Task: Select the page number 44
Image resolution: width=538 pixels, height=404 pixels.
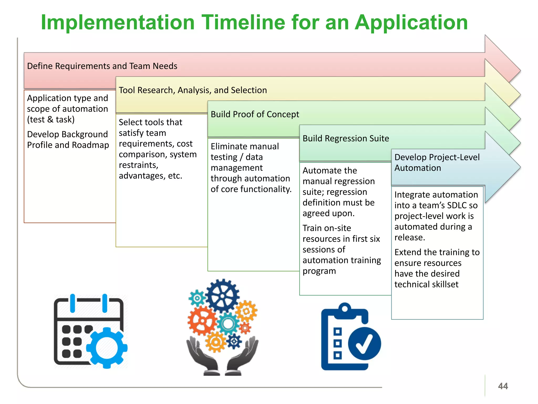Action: (503, 386)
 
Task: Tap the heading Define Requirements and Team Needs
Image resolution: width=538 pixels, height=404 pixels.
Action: (102, 66)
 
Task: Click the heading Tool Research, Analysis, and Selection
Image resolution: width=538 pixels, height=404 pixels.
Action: (193, 90)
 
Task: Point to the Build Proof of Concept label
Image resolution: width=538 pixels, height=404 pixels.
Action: (255, 114)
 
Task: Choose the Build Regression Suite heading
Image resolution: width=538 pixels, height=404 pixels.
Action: (345, 139)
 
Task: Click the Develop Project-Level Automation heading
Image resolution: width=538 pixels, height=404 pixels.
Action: (437, 163)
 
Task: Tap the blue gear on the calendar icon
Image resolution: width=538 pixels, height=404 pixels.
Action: (107, 347)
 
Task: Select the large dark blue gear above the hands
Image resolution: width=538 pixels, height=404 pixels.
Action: (222, 296)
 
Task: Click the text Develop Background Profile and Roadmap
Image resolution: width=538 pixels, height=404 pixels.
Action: (68, 140)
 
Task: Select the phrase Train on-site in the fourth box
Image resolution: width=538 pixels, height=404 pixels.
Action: (327, 228)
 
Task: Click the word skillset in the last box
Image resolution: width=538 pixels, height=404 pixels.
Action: (445, 284)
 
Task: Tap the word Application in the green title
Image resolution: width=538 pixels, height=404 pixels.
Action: (411, 22)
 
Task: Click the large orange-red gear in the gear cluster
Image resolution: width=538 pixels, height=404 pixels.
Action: (202, 321)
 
